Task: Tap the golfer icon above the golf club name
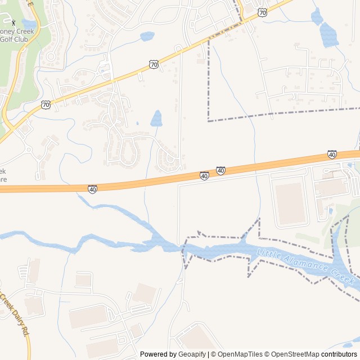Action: tap(13, 22)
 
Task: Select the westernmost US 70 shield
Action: tap(46, 105)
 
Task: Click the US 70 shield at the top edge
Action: tap(262, 11)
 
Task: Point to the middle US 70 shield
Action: tap(154, 65)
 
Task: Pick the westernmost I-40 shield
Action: tap(92, 189)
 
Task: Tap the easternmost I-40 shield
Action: tap(332, 154)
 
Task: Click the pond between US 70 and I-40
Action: tap(156, 118)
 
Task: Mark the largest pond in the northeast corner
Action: tap(328, 35)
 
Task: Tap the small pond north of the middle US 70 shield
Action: tap(147, 37)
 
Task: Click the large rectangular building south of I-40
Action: tap(291, 203)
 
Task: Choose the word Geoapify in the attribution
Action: tap(192, 354)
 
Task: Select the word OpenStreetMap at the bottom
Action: tap(295, 354)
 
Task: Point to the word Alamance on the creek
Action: tap(306, 266)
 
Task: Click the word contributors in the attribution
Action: tap(339, 354)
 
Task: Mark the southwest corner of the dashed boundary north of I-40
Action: tap(209, 120)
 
